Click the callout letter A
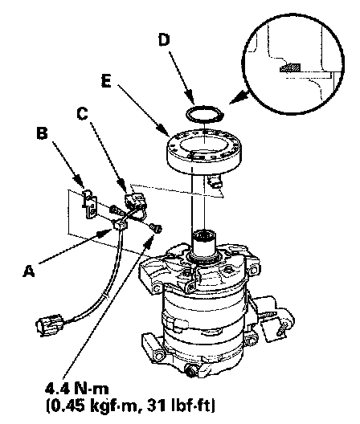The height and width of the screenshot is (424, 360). [x=29, y=271]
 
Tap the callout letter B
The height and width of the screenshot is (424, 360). [x=42, y=133]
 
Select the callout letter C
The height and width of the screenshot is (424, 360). [x=82, y=113]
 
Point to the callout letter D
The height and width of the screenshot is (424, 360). [x=163, y=40]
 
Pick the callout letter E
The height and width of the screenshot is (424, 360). [x=107, y=81]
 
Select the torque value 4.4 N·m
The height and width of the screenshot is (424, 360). [x=76, y=389]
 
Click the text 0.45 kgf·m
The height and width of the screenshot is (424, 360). [x=94, y=406]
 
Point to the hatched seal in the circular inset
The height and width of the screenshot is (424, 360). [x=290, y=68]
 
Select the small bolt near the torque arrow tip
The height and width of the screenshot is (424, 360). [x=157, y=228]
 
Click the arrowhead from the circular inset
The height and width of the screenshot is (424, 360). [x=240, y=97]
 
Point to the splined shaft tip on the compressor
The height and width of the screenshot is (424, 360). [x=204, y=238]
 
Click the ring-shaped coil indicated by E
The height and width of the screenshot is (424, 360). [x=204, y=152]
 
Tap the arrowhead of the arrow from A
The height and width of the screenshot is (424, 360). [x=106, y=232]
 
